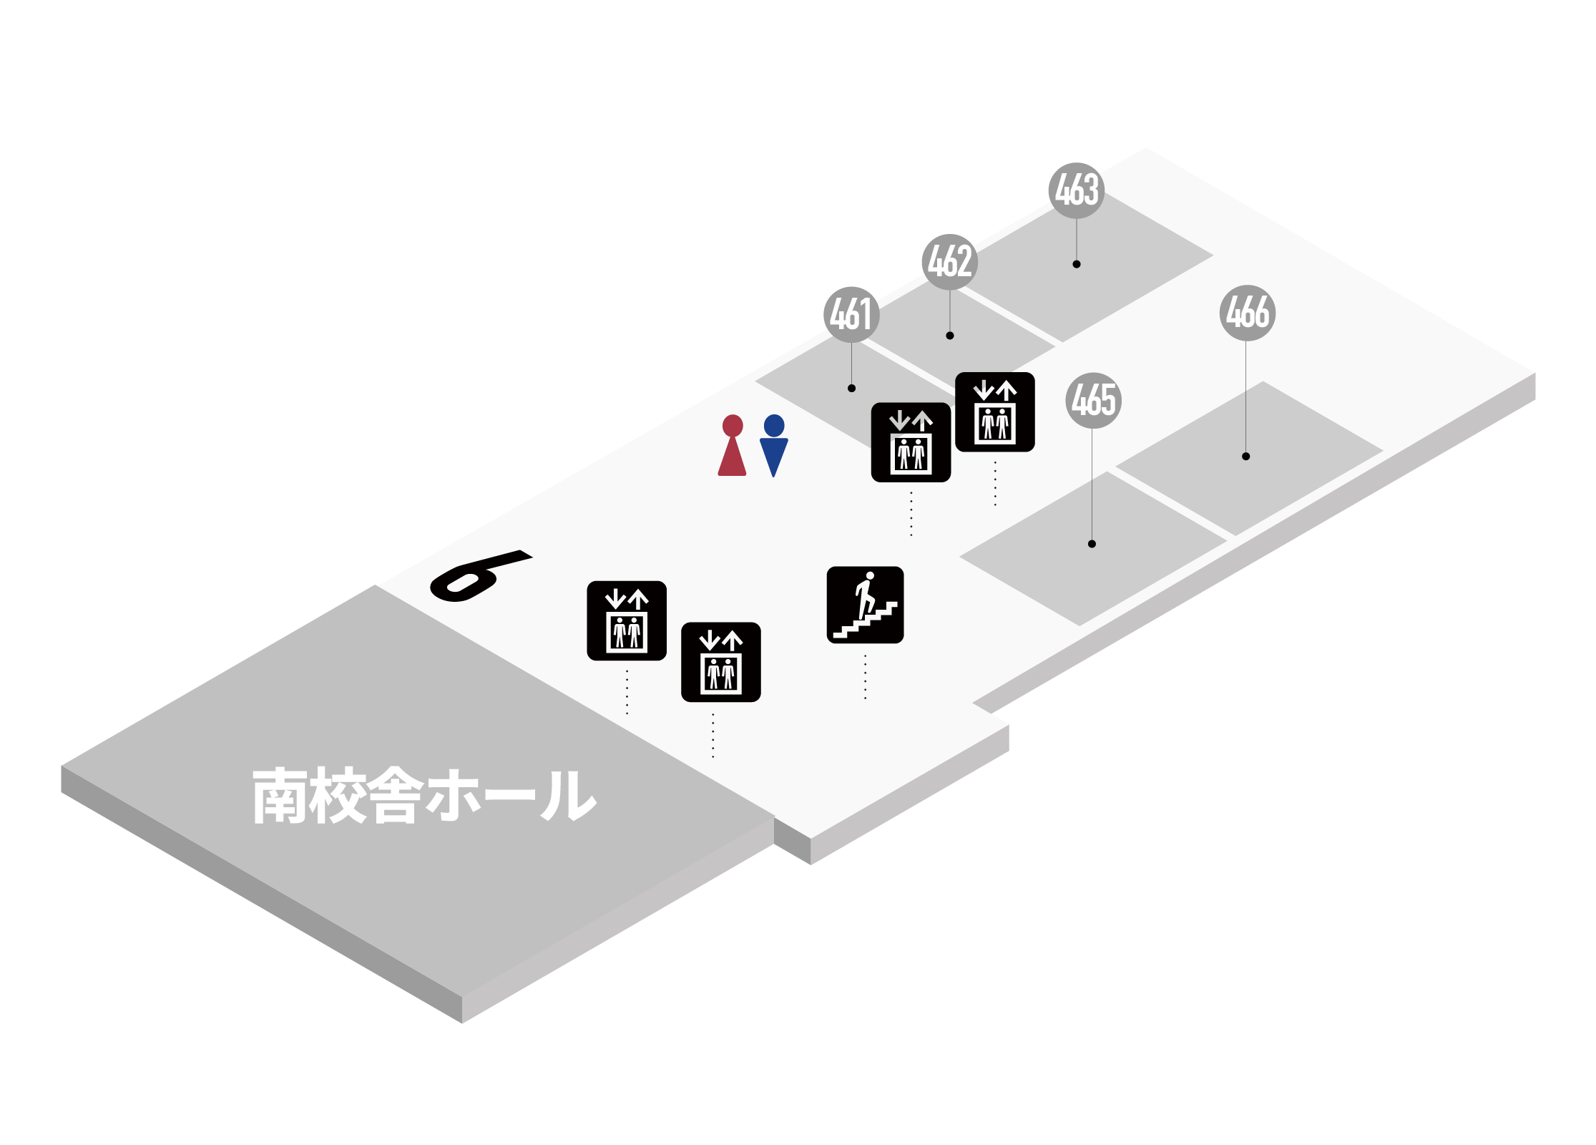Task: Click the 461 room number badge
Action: pyautogui.click(x=851, y=315)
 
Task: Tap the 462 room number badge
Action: pyautogui.click(x=949, y=262)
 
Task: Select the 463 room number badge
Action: pyautogui.click(x=1077, y=190)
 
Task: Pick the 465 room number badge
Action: pyautogui.click(x=1093, y=401)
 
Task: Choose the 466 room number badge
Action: pyautogui.click(x=1248, y=313)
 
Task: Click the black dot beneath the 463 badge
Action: pyautogui.click(x=1077, y=264)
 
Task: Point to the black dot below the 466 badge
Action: pyautogui.click(x=1246, y=456)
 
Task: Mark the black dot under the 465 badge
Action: pyautogui.click(x=1092, y=544)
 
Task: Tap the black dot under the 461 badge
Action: pyautogui.click(x=851, y=388)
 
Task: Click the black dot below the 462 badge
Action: pyautogui.click(x=950, y=336)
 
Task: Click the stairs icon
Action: pyautogui.click(x=865, y=605)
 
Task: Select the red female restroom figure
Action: pyautogui.click(x=732, y=445)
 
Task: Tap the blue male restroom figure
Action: pyautogui.click(x=774, y=445)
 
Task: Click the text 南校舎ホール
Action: pyautogui.click(x=424, y=795)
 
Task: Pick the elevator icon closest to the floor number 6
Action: pyautogui.click(x=627, y=620)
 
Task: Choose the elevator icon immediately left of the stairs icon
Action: pyautogui.click(x=720, y=662)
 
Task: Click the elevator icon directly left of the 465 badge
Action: pyautogui.click(x=994, y=412)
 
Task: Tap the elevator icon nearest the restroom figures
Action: pyautogui.click(x=911, y=442)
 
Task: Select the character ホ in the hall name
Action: pyautogui.click(x=454, y=795)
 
